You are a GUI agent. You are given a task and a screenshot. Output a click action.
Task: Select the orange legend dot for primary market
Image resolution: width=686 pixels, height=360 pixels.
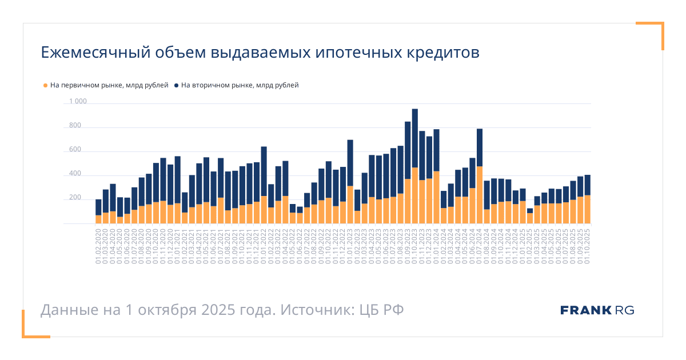[46, 86]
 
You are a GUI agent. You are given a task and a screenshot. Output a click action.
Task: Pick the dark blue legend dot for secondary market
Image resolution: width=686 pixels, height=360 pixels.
[177, 86]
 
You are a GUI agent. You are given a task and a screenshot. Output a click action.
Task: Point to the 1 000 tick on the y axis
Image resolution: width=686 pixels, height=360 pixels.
[78, 102]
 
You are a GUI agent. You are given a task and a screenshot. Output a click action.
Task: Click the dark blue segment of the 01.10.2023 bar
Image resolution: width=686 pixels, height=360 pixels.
[415, 138]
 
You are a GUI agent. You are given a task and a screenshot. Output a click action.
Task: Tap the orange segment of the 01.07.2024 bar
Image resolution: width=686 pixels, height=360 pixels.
[480, 195]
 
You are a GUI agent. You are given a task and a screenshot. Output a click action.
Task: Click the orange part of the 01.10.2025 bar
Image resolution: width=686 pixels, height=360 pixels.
[588, 209]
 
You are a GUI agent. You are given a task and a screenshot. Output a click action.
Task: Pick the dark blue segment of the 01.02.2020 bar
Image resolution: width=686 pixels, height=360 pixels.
[98, 207]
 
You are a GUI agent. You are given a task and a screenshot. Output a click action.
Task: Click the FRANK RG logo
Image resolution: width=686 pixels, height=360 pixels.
[597, 310]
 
